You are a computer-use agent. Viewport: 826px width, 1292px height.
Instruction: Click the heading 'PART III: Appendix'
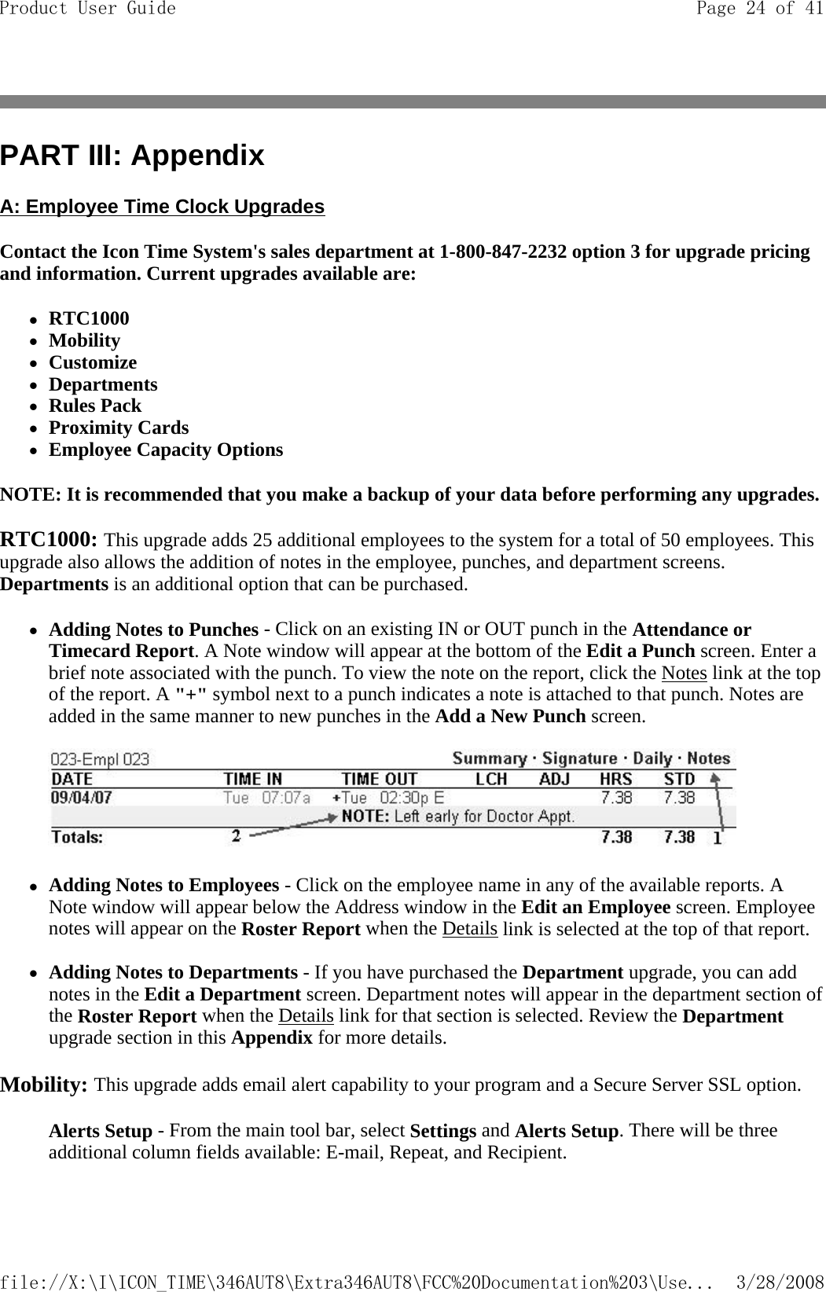pyautogui.click(x=132, y=156)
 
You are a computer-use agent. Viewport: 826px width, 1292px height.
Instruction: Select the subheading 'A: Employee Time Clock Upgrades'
pyautogui.click(x=162, y=207)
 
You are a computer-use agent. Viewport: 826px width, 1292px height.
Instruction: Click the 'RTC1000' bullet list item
pyautogui.click(x=89, y=318)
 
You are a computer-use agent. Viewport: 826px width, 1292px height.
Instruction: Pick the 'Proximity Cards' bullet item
pyautogui.click(x=119, y=428)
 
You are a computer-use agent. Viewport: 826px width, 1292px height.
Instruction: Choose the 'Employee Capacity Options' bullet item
pyautogui.click(x=166, y=450)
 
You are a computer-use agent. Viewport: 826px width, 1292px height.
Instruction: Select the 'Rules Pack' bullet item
pyautogui.click(x=95, y=406)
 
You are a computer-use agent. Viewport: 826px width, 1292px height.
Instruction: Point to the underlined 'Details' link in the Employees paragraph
pyautogui.click(x=469, y=928)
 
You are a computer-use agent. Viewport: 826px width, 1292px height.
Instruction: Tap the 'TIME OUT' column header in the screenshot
pyautogui.click(x=379, y=779)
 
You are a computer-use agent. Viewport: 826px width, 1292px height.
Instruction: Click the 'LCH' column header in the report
pyautogui.click(x=491, y=779)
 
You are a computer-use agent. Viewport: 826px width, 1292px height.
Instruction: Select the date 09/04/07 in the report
pyautogui.click(x=82, y=797)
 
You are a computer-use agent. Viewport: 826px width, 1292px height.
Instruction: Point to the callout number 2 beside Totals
pyautogui.click(x=236, y=837)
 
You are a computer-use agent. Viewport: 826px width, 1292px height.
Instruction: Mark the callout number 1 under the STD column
pyautogui.click(x=717, y=839)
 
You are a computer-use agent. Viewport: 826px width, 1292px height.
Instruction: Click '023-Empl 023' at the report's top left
pyautogui.click(x=100, y=760)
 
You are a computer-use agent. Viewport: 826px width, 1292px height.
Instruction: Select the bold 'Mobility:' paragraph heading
pyautogui.click(x=44, y=1085)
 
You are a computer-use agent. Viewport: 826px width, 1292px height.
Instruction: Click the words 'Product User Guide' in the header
pyautogui.click(x=88, y=9)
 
